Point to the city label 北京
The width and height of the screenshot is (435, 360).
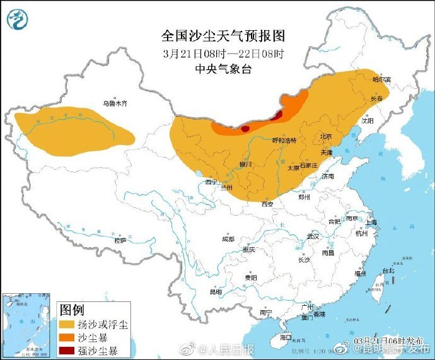(x=325, y=136)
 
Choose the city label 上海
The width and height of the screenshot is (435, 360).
(x=371, y=222)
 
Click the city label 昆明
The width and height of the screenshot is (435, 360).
(x=216, y=292)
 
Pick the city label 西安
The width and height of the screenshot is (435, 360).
(x=267, y=204)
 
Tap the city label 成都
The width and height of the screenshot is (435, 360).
(x=228, y=239)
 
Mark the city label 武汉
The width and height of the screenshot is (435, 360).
(x=313, y=236)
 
